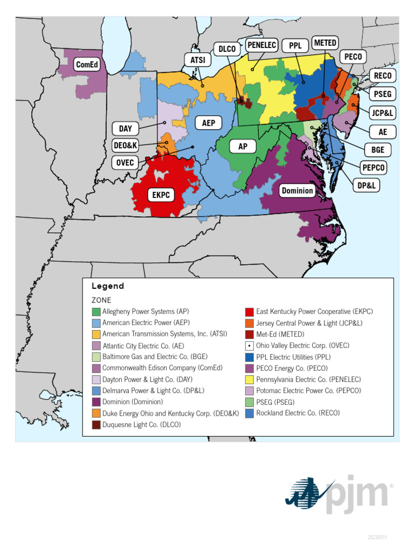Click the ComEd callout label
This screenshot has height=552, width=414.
tap(88, 65)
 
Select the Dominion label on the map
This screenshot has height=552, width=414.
tap(297, 190)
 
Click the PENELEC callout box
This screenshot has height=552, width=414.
tap(262, 45)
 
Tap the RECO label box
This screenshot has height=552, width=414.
tap(383, 75)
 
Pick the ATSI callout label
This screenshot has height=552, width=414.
tap(198, 60)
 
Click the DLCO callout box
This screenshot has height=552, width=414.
tap(227, 49)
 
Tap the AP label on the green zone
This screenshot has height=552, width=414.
tap(243, 146)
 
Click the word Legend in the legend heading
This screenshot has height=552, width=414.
tap(108, 286)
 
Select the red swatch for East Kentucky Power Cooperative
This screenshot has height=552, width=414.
tap(249, 312)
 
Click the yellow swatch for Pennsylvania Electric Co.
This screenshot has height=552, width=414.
tap(249, 379)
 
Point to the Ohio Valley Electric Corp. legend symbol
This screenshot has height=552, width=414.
tap(249, 346)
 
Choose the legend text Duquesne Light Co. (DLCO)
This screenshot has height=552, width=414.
tap(141, 425)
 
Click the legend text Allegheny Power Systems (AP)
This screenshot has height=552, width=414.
tap(146, 312)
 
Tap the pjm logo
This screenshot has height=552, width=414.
tap(339, 494)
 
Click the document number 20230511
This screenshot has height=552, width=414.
tap(377, 537)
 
